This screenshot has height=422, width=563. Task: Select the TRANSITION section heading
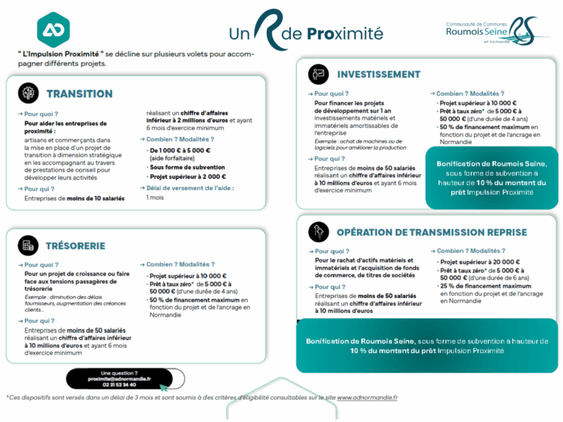pyautogui.click(x=80, y=94)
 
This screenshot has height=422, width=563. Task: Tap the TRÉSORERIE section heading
pyautogui.click(x=76, y=246)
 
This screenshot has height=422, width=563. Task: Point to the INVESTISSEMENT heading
pyautogui.click(x=379, y=75)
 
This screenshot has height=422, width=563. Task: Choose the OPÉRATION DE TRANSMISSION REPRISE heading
pyautogui.click(x=431, y=232)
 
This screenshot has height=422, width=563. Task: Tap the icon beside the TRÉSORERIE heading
pyautogui.click(x=29, y=245)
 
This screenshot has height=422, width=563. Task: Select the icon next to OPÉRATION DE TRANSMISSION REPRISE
pyautogui.click(x=319, y=231)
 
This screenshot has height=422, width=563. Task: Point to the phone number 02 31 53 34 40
pyautogui.click(x=119, y=385)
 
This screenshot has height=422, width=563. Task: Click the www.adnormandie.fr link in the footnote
pyautogui.click(x=367, y=397)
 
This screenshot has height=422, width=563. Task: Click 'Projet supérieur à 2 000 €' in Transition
pyautogui.click(x=188, y=177)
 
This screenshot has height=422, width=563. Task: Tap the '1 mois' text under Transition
pyautogui.click(x=154, y=198)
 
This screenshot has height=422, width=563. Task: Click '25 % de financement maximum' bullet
pyautogui.click(x=486, y=286)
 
